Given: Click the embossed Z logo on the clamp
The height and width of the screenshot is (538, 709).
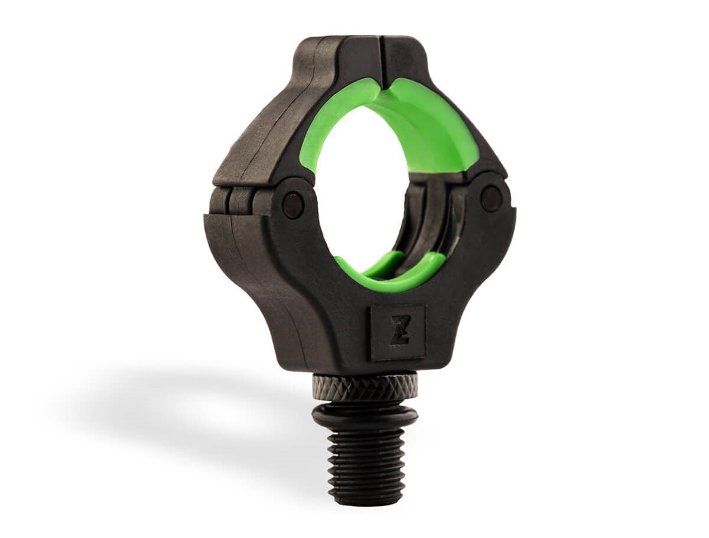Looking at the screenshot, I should pos(398,332).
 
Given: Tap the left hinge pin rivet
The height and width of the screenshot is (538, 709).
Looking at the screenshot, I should pos(293,205).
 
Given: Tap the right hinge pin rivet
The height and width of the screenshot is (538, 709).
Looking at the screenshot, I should pos(491,198).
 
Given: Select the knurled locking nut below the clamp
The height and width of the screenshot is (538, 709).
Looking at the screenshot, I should pos(365,387).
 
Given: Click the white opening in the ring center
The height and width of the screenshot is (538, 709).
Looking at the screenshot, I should pos(360,195).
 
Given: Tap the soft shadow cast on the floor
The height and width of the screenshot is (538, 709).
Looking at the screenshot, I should pos(177,402).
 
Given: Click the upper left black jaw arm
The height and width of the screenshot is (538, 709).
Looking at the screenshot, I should pos(266,130).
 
